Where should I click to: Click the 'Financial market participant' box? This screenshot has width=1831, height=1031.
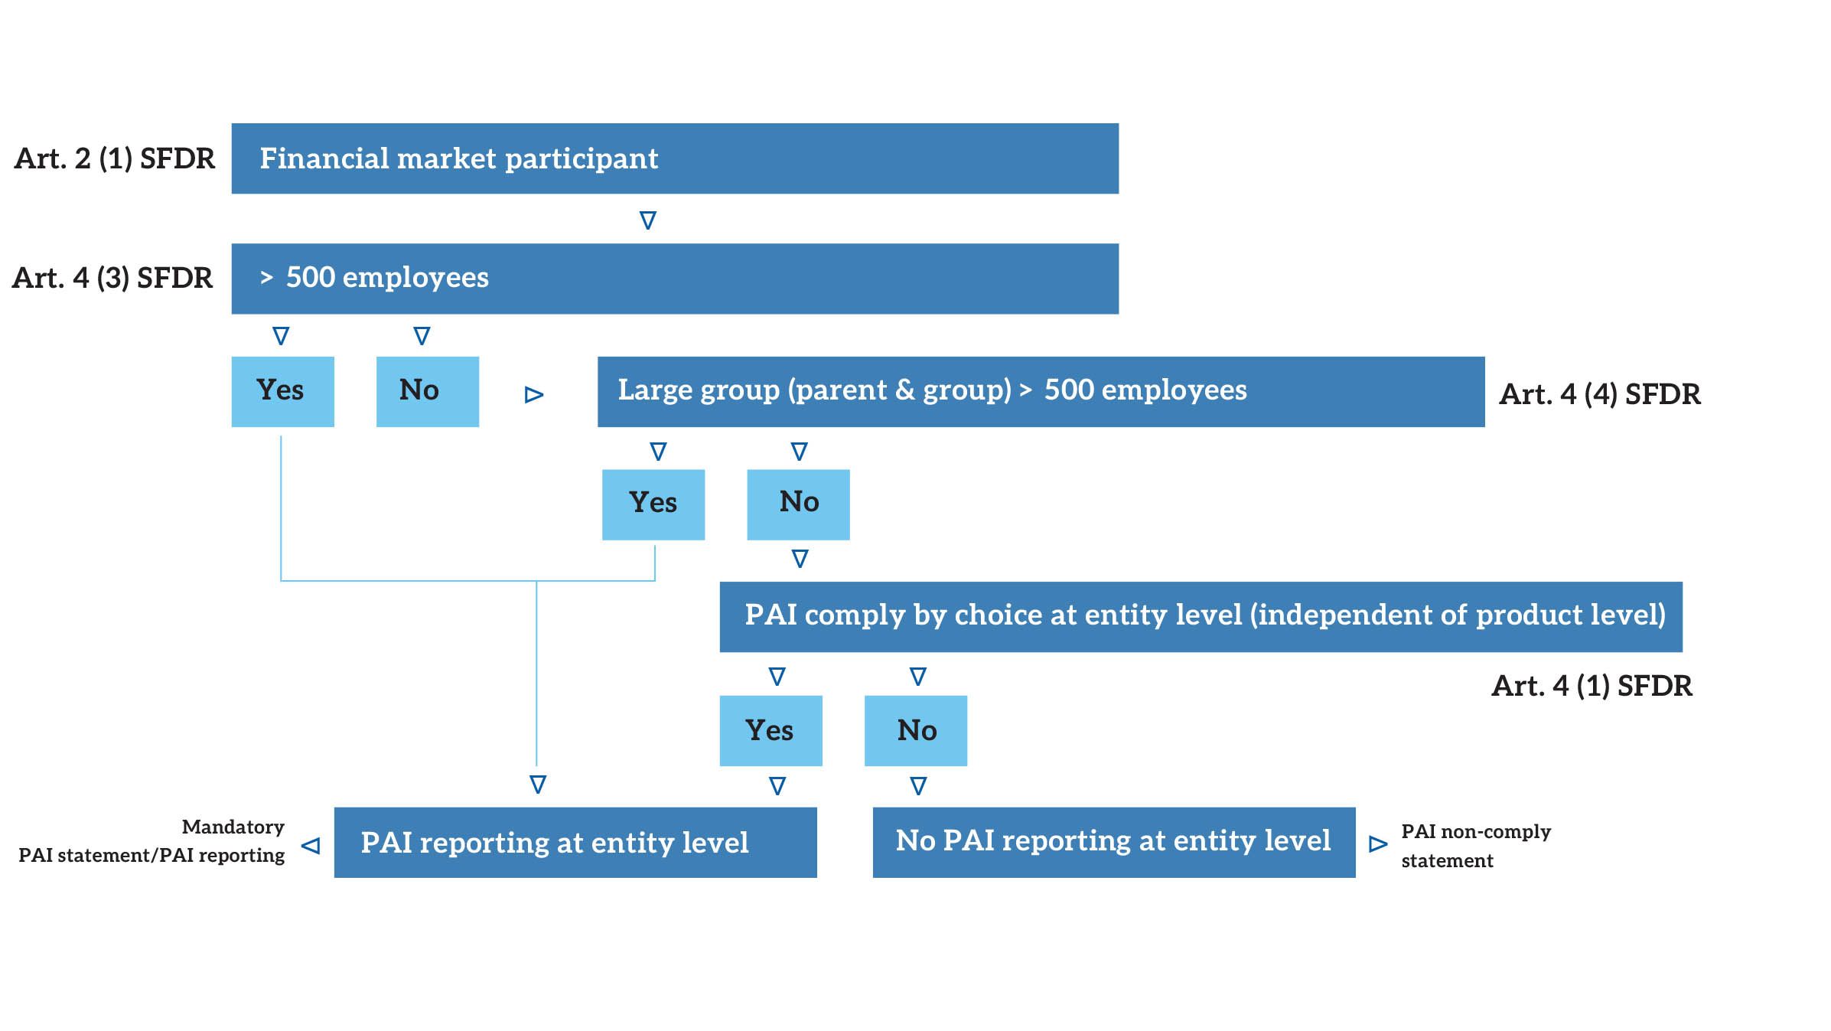coord(674,158)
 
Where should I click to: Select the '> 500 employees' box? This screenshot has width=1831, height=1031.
coord(674,279)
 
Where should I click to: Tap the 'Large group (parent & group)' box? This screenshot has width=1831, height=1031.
coord(1040,391)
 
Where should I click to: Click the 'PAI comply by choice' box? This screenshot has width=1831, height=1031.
coord(1200,616)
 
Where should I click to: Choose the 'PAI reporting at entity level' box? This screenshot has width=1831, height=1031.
coord(575,842)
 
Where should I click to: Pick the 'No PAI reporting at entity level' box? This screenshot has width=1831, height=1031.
coord(1113,842)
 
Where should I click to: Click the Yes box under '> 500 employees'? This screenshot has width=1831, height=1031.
coord(282,391)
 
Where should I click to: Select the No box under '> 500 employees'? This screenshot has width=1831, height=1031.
coord(427,391)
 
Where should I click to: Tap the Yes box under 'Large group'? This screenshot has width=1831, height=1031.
coord(653,504)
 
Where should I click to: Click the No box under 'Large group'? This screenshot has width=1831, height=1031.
coord(797,504)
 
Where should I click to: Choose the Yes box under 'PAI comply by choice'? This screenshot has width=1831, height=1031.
coord(771,730)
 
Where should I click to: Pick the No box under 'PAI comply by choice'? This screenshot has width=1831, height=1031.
coord(915,730)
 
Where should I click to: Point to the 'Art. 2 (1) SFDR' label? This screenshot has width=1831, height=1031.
coord(115,158)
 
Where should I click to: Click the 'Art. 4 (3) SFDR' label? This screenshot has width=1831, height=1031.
coord(112,278)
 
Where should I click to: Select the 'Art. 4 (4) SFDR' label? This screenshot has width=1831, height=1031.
coord(1599,394)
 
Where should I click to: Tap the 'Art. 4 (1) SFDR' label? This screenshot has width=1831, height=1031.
coord(1592,686)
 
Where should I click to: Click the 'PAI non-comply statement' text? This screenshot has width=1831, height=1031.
coord(1474,846)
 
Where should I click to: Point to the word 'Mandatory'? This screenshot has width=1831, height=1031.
coord(233,827)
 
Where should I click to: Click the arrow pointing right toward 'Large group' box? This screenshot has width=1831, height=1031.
coord(534,395)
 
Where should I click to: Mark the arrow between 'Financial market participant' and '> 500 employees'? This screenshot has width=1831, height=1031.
coord(647,220)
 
